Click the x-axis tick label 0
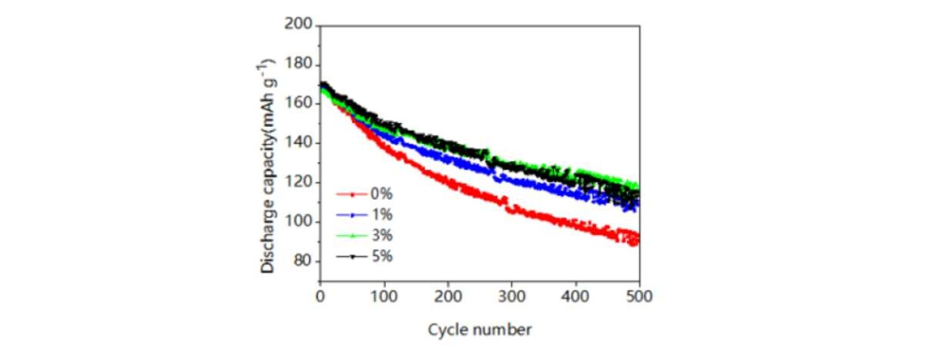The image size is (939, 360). (x=320, y=295)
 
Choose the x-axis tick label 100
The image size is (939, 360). (x=384, y=295)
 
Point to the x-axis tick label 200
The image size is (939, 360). (x=448, y=295)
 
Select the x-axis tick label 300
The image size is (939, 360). (x=512, y=295)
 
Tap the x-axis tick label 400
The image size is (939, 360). (x=576, y=295)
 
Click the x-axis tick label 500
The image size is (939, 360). (x=639, y=295)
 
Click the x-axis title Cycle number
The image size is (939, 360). (x=479, y=330)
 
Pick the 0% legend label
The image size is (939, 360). (x=381, y=194)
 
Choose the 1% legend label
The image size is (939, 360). (x=381, y=215)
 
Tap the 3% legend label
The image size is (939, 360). (x=381, y=235)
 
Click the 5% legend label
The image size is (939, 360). (x=381, y=256)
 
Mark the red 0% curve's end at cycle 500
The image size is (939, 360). (x=637, y=238)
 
